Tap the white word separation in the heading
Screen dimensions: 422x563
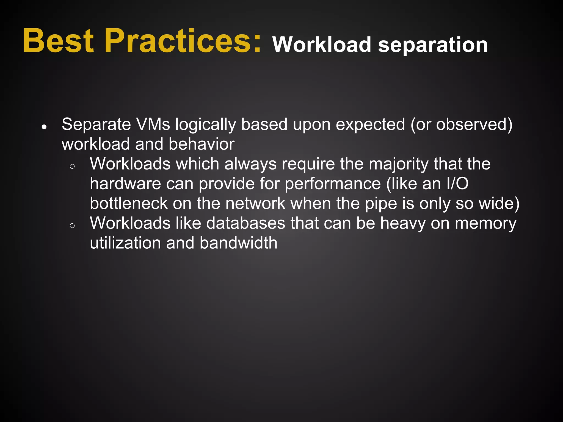[433, 45]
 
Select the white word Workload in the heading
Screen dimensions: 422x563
[322, 45]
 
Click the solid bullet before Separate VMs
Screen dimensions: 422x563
[44, 127]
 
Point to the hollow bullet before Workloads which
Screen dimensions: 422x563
[72, 166]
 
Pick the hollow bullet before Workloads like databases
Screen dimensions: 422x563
[72, 226]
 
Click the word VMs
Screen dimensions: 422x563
[153, 124]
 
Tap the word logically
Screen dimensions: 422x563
[206, 124]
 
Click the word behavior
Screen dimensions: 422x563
[202, 144]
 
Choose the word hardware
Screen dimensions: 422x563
[125, 184]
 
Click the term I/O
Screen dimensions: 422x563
[457, 184]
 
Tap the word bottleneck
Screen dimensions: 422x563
[129, 204]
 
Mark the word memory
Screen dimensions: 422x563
[486, 224]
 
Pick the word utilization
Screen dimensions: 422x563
[125, 243]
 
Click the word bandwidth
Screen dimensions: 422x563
[239, 243]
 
